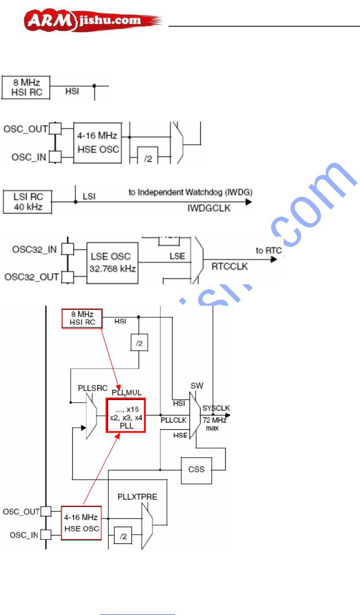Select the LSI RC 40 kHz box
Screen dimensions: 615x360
[x=27, y=202]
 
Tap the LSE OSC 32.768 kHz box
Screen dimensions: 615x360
[x=112, y=263]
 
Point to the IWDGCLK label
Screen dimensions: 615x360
[x=209, y=208]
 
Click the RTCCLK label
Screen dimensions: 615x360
[x=229, y=266]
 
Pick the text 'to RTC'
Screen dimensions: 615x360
[x=269, y=250]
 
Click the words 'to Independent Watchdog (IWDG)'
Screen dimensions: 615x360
[x=190, y=192]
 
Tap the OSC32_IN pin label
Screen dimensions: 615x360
[x=35, y=250]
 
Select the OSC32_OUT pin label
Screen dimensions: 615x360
[x=32, y=277]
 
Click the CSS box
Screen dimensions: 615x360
[x=196, y=469]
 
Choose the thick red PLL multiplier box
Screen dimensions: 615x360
[x=126, y=415]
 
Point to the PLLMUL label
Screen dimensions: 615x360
[x=127, y=392]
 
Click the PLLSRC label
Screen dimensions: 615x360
[x=93, y=388]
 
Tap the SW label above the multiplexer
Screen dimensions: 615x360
[x=197, y=386]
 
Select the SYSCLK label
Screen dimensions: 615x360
[x=216, y=408]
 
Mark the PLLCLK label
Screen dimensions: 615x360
[x=174, y=420]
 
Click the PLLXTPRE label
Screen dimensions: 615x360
[x=137, y=497]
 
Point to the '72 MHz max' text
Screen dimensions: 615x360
[x=215, y=424]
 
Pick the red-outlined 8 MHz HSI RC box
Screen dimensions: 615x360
[x=82, y=318]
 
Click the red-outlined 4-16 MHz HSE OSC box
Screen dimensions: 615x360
[x=81, y=523]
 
